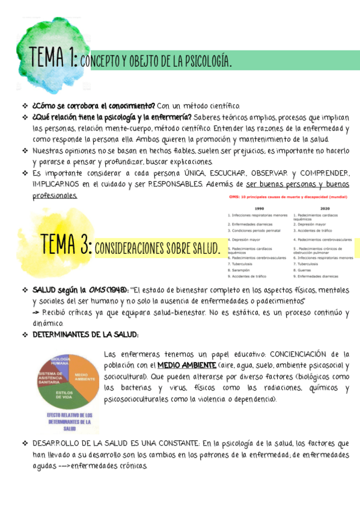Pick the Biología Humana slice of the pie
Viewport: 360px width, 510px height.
tap(60, 363)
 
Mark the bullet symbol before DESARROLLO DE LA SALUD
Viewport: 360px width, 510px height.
tap(25, 443)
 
